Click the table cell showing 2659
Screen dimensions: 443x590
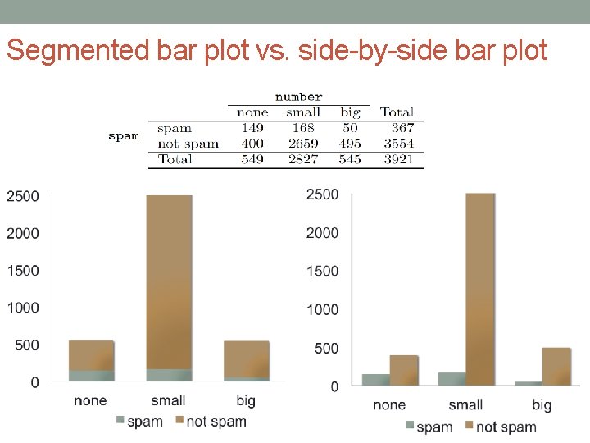[302, 144]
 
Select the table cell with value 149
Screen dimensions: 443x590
[252, 128]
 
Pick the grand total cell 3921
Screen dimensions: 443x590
[398, 159]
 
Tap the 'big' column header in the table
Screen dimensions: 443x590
[350, 112]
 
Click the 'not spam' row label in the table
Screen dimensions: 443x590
[188, 144]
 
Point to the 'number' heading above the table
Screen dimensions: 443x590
[298, 97]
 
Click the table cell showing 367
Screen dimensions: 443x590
[402, 128]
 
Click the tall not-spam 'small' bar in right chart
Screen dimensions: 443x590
[480, 287]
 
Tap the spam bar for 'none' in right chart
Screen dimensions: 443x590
[376, 380]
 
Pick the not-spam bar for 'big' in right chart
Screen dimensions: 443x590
[556, 366]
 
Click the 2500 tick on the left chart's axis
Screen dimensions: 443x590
[23, 196]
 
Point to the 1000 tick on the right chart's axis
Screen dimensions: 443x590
[322, 309]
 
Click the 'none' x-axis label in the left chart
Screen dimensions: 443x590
[90, 400]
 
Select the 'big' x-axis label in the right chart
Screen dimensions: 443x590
[542, 404]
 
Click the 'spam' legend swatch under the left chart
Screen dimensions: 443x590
[120, 421]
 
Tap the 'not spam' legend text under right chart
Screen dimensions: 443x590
[506, 427]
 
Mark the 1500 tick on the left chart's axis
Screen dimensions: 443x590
[23, 271]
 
